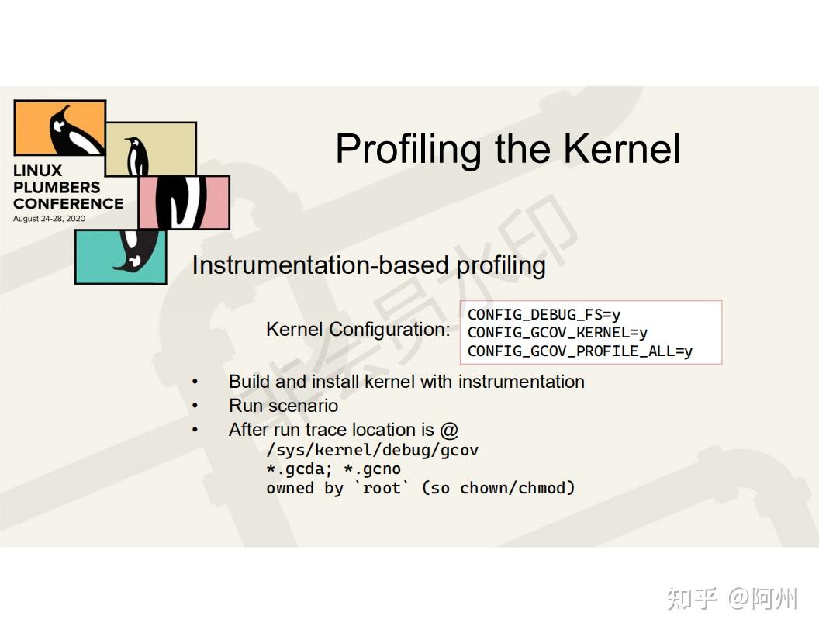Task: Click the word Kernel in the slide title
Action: (621, 149)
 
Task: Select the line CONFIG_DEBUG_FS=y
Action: (544, 314)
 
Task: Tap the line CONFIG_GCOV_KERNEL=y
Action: (557, 333)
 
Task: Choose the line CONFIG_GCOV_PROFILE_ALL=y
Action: (579, 351)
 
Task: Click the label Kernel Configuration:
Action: (358, 329)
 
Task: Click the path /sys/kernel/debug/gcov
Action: (372, 450)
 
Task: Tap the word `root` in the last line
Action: (382, 488)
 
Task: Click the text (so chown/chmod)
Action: (498, 488)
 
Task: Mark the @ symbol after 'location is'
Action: (449, 430)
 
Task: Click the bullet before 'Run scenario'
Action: (195, 406)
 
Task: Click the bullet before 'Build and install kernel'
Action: (195, 382)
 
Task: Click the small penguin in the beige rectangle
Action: (137, 155)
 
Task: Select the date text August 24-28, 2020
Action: (49, 219)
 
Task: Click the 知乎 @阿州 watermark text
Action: (732, 598)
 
